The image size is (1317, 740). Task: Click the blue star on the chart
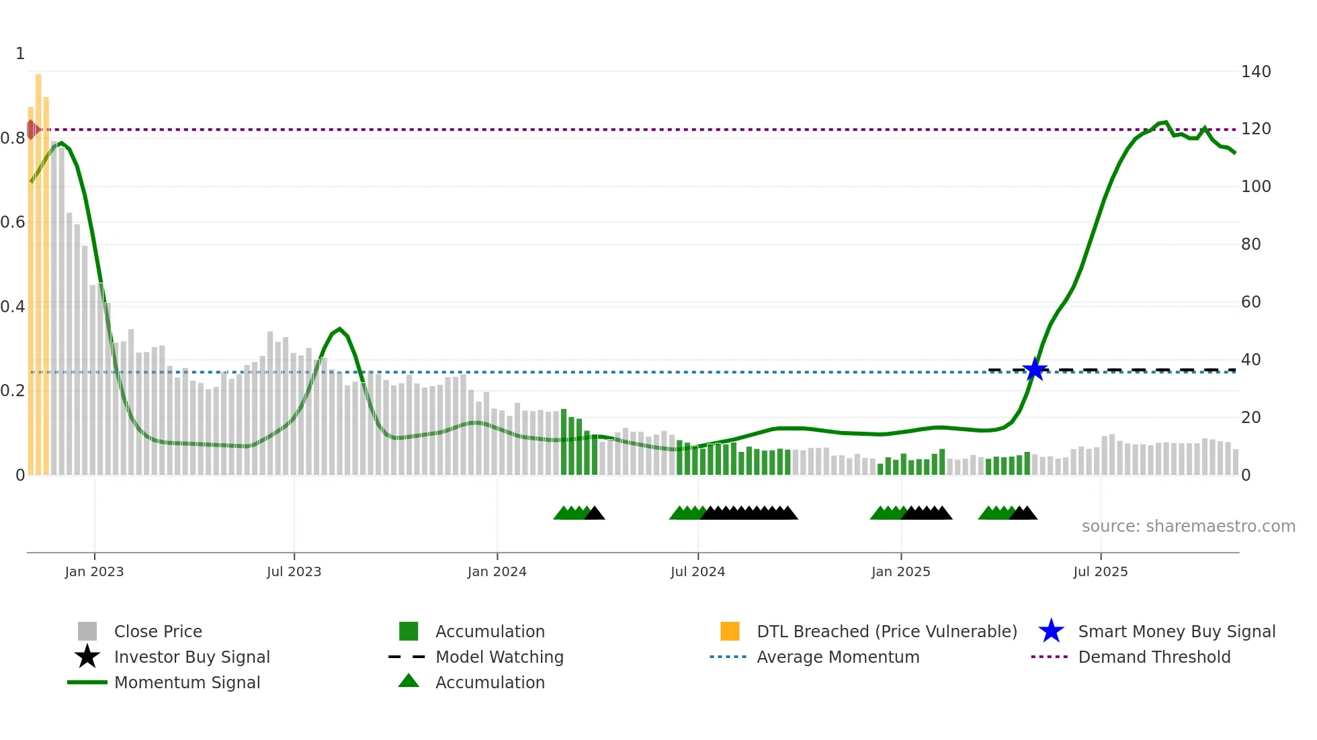1035,369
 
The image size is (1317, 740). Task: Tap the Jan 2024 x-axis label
497,571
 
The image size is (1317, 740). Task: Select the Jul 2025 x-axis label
1100,571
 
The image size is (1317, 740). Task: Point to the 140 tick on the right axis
1255,71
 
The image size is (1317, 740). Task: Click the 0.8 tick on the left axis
13,138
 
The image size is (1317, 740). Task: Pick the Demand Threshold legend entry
1154,657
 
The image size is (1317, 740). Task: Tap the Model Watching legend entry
499,657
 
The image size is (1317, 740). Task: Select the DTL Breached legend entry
886,631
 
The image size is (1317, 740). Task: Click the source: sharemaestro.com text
1188,526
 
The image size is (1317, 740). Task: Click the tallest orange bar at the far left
38,269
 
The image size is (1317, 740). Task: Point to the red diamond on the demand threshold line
32,130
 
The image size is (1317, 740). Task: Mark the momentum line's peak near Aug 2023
339,329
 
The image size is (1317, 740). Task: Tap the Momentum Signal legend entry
187,682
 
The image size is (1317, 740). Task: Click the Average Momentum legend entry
837,657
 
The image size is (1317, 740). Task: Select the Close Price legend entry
157,631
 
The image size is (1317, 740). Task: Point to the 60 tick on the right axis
1250,302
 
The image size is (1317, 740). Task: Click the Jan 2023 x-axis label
94,571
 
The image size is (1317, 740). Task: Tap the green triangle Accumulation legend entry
489,682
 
